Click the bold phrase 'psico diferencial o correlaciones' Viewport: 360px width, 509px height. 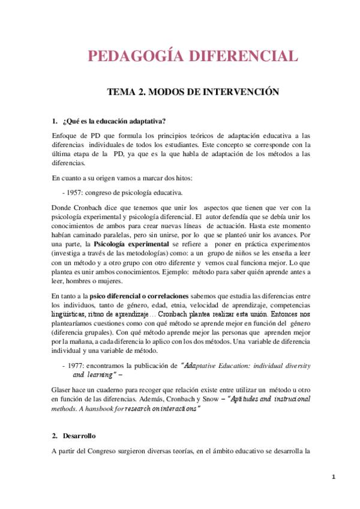140,296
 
